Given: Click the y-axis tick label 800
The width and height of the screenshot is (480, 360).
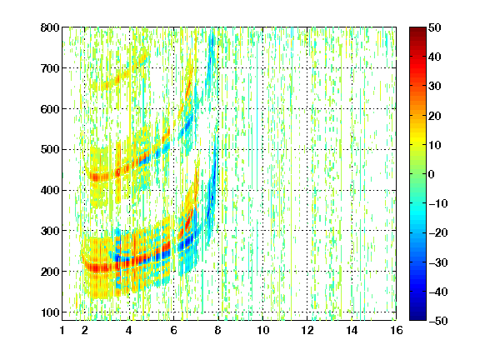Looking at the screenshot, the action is click(x=50, y=27).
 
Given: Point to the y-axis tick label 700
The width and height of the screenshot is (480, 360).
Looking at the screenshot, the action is click(x=50, y=68).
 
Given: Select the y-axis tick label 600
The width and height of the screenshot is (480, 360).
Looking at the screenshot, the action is click(x=50, y=109).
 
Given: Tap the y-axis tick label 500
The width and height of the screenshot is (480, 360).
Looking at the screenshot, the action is click(x=50, y=150).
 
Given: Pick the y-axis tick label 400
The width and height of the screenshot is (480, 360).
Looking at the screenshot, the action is click(x=50, y=190).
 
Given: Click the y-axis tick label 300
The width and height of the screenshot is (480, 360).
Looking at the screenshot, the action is click(x=50, y=231).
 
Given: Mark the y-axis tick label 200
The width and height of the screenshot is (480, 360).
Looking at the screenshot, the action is click(x=50, y=272).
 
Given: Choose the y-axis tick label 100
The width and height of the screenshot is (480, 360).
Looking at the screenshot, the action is click(x=50, y=312).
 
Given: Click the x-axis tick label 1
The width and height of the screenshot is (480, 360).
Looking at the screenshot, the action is click(x=62, y=330).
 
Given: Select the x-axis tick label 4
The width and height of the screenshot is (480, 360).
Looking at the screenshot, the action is click(x=129, y=330).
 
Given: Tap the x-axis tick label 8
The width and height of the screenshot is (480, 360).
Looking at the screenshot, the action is click(x=217, y=330).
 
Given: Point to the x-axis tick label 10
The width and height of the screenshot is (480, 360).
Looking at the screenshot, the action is click(x=262, y=330).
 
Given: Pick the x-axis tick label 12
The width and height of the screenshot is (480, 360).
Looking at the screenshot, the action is click(x=307, y=330).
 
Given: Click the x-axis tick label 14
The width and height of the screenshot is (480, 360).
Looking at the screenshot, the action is click(x=352, y=330).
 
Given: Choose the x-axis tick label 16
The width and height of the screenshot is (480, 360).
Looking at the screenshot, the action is click(x=397, y=330).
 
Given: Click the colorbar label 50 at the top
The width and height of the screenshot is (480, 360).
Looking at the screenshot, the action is click(x=435, y=27).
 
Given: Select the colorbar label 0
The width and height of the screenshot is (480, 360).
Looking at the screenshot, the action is click(x=432, y=174).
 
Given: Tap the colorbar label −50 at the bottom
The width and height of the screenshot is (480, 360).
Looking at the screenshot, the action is click(x=438, y=321).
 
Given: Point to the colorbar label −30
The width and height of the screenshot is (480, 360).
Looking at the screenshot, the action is click(x=438, y=262).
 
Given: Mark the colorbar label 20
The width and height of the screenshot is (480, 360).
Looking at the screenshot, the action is click(x=435, y=116).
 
